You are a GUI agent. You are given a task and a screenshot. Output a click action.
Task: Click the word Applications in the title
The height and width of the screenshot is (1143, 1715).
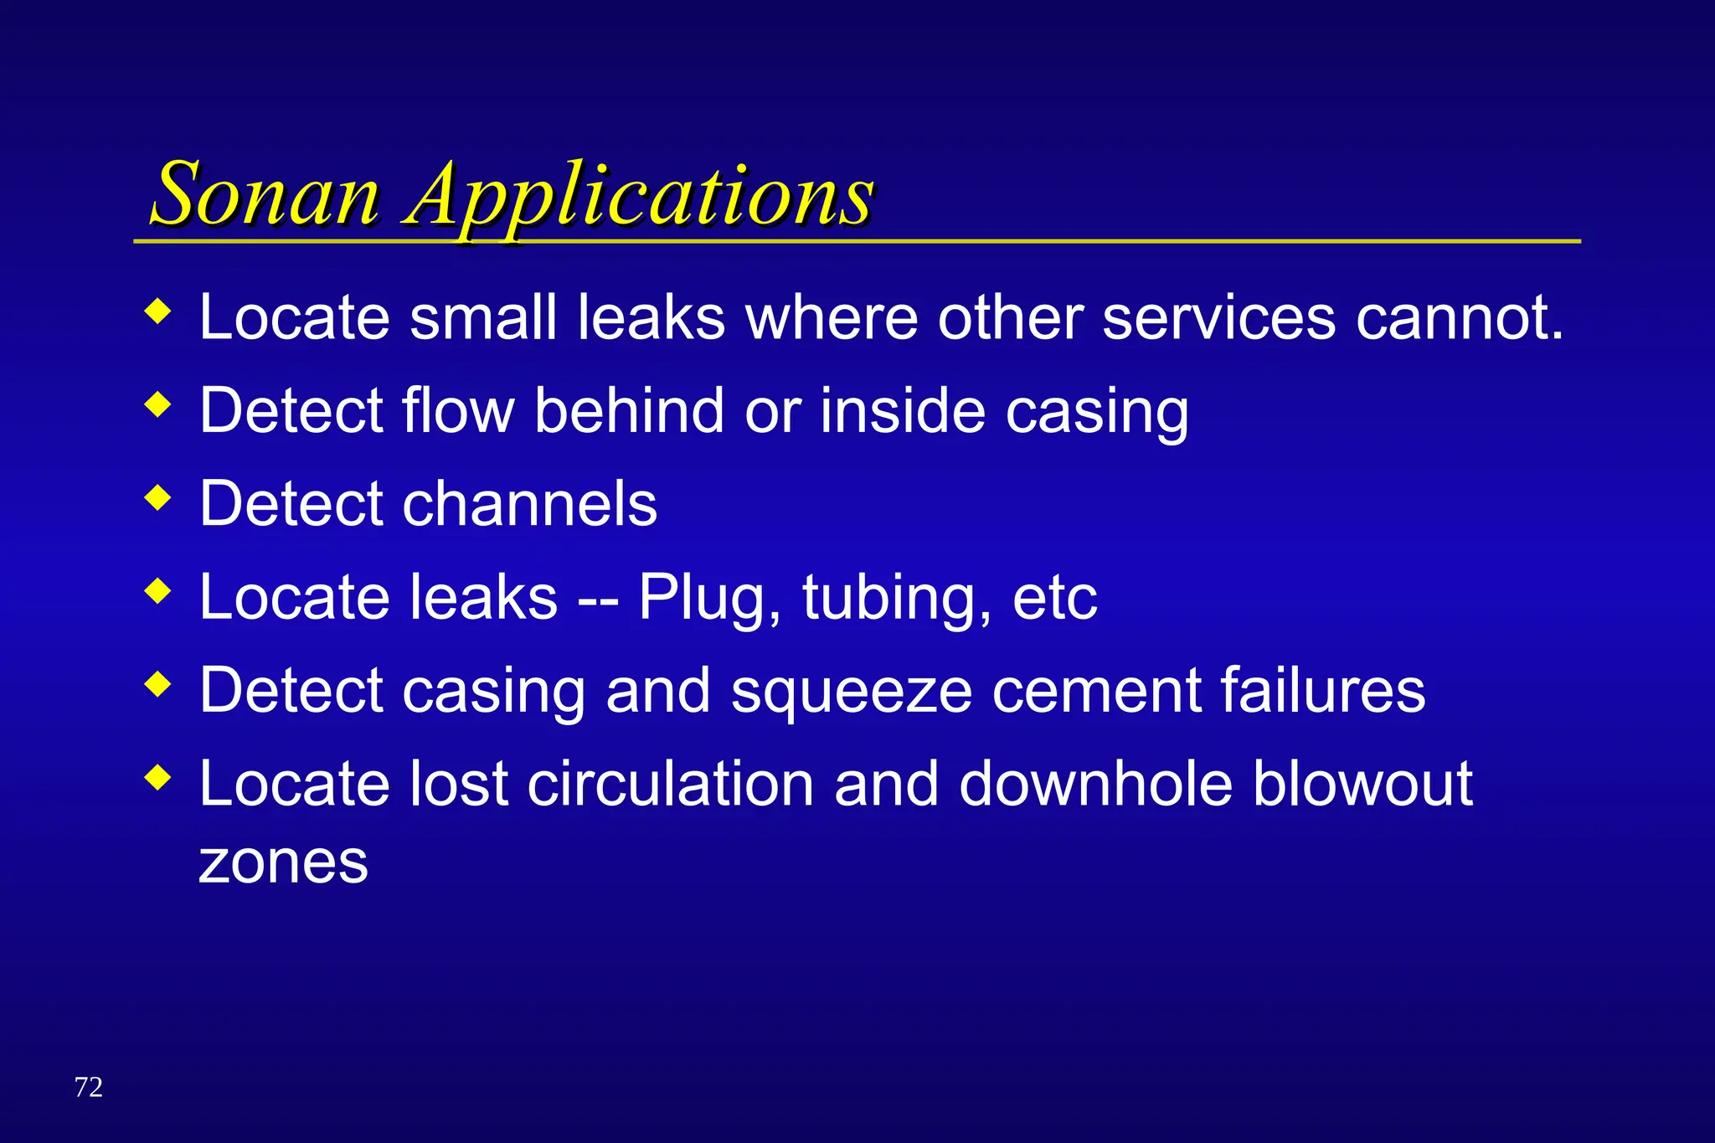coord(639,196)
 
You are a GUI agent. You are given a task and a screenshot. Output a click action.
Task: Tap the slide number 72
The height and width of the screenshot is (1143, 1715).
coord(88,1087)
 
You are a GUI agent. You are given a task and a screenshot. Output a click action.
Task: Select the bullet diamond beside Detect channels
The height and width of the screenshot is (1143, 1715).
coord(157,499)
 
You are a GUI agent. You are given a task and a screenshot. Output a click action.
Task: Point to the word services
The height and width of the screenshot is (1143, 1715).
coord(1218,318)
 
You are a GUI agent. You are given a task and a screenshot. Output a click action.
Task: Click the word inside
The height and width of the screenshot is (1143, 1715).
coord(902,411)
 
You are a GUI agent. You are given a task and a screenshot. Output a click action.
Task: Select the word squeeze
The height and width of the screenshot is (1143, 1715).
coord(851,692)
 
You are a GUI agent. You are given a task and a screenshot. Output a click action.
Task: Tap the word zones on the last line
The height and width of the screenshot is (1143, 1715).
coord(283,862)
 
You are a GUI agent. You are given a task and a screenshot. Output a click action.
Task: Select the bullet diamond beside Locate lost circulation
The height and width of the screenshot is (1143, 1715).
coord(157,779)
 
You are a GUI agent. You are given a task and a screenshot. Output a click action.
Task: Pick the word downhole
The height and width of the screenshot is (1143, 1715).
coord(1095,784)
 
